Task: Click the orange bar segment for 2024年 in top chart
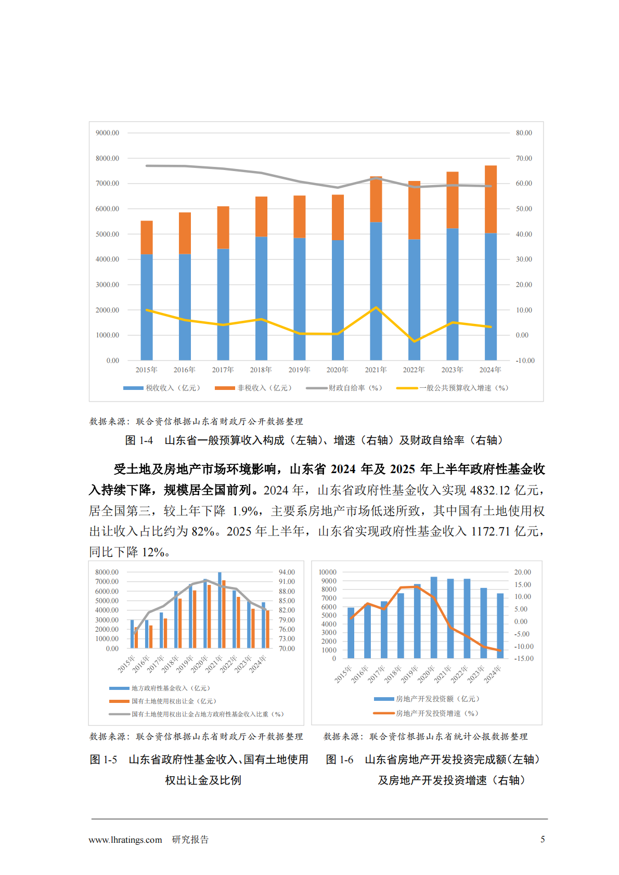pyautogui.click(x=491, y=199)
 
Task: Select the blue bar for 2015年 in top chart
pyautogui.click(x=147, y=307)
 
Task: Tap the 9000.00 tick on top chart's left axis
pyautogui.click(x=107, y=133)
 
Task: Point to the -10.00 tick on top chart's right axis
pyautogui.click(x=525, y=360)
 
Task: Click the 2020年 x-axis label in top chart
pyautogui.click(x=337, y=370)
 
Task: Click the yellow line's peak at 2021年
pyautogui.click(x=376, y=308)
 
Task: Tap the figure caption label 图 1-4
pyautogui.click(x=139, y=440)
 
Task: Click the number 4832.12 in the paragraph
pyautogui.click(x=490, y=490)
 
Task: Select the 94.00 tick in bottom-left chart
pyautogui.click(x=287, y=572)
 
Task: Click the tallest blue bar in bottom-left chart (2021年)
pyautogui.click(x=220, y=610)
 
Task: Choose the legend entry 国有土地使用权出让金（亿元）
pyautogui.click(x=173, y=701)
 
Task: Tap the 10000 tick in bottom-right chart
pyautogui.click(x=328, y=572)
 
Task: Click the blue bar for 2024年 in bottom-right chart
pyautogui.click(x=500, y=625)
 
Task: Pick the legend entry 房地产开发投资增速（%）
pyautogui.click(x=436, y=713)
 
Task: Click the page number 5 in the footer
pyautogui.click(x=543, y=839)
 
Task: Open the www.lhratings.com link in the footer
pyautogui.click(x=125, y=840)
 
